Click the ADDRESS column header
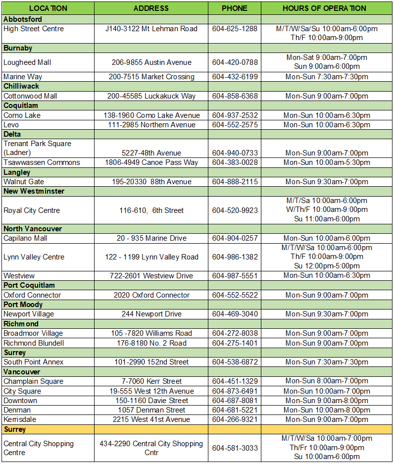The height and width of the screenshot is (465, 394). (x=151, y=8)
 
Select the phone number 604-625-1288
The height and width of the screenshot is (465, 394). (x=235, y=29)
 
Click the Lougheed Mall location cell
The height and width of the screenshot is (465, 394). (x=27, y=62)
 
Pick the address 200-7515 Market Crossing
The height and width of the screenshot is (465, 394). (x=151, y=77)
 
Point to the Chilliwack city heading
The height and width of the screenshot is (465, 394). (x=21, y=86)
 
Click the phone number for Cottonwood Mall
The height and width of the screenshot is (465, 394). (x=235, y=96)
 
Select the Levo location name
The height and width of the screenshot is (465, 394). (x=12, y=125)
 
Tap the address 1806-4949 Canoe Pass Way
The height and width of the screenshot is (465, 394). (x=151, y=162)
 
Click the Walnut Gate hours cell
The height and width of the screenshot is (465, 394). (x=327, y=182)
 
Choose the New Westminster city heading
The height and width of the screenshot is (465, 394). (x=34, y=191)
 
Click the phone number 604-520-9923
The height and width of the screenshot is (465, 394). (x=235, y=210)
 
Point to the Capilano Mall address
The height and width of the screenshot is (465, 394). (x=151, y=238)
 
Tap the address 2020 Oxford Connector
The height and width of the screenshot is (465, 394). (x=151, y=295)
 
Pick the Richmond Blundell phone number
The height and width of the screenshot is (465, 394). (x=235, y=343)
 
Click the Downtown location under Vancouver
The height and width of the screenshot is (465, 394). (x=20, y=401)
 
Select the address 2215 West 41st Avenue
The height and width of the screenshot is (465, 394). (x=151, y=419)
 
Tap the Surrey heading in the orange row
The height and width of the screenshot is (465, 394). (x=15, y=429)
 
